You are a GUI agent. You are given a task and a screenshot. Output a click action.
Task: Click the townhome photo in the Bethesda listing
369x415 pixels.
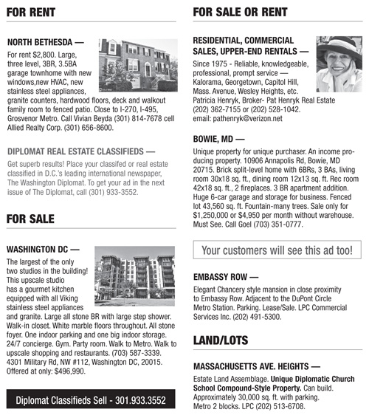[x=138, y=64]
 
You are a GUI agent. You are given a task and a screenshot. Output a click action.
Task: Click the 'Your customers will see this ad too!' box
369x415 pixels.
[x=277, y=250]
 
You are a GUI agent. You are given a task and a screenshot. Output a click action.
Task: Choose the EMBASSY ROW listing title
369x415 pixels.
[x=228, y=278]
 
